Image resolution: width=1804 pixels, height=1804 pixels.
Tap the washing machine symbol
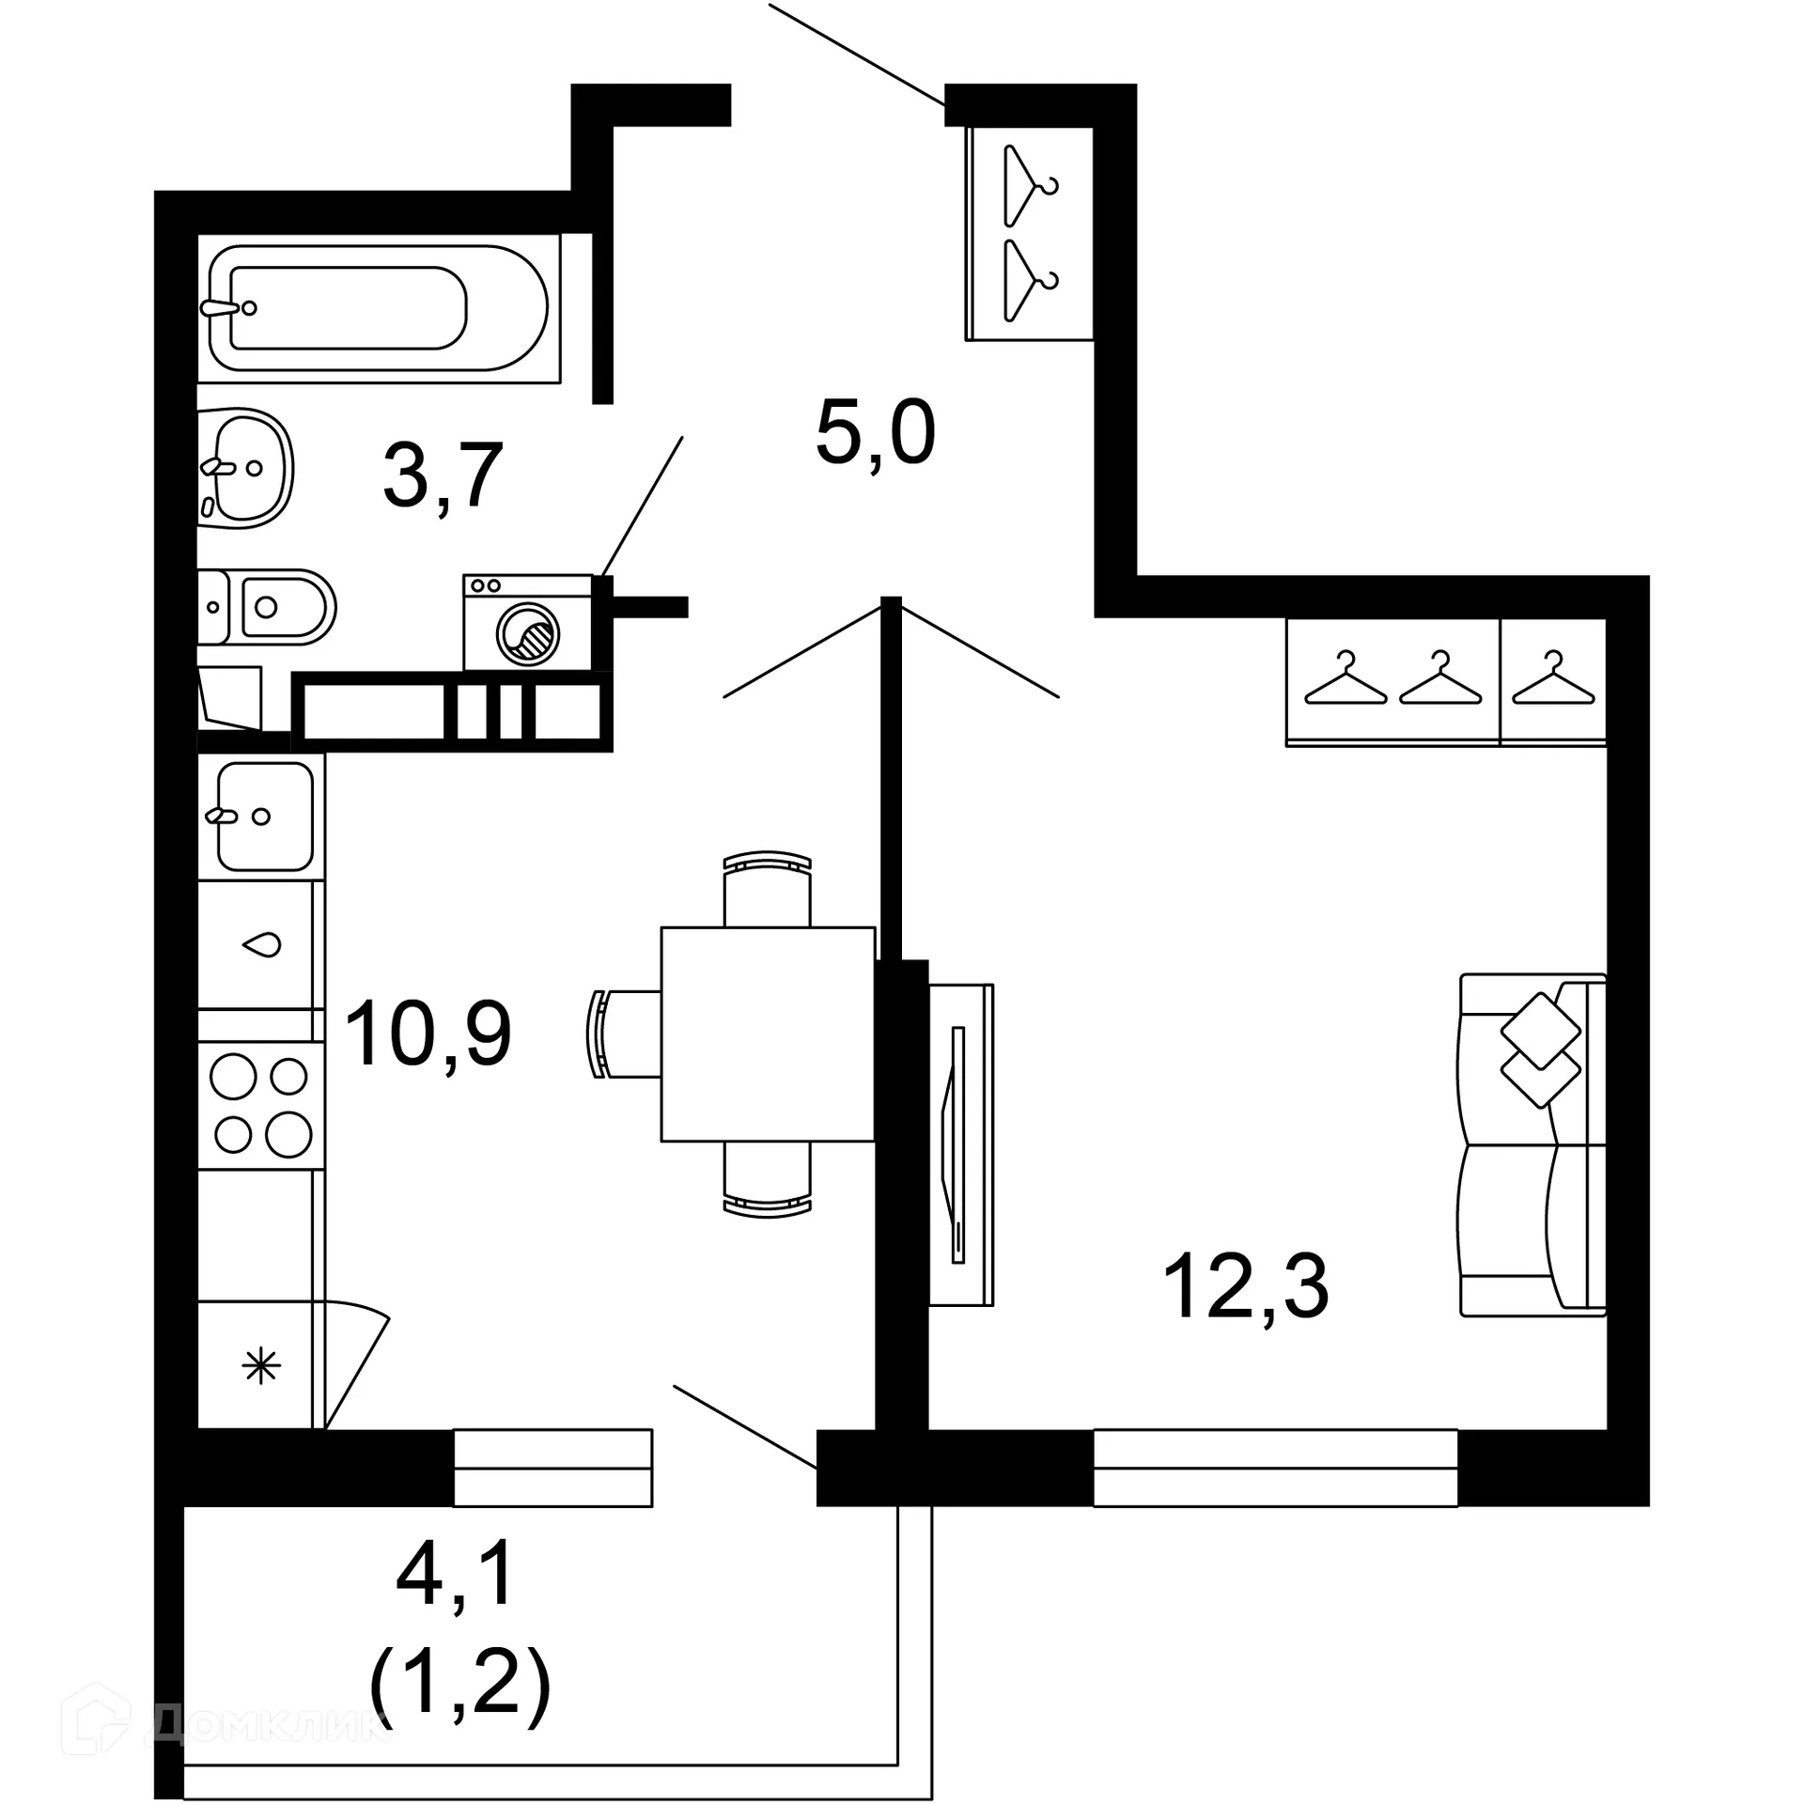[x=527, y=624]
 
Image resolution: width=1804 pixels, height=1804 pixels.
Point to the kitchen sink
[x=262, y=816]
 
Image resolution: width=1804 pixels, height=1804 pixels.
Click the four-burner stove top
[x=261, y=1104]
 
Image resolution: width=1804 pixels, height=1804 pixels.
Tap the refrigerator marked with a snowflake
[x=260, y=1365]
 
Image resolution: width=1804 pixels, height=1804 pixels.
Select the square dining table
[x=768, y=1034]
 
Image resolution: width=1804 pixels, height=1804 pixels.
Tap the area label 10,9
[x=428, y=1034]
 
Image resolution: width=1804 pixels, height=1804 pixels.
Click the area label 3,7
[x=443, y=476]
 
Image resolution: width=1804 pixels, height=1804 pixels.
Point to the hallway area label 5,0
[x=875, y=433]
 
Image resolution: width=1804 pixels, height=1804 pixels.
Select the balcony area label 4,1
[x=457, y=1574]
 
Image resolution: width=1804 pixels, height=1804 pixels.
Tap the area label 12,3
[x=1245, y=1286]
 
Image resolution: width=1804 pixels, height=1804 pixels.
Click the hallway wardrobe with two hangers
[x=1031, y=233]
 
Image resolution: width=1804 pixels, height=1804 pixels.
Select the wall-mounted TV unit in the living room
[x=960, y=1144]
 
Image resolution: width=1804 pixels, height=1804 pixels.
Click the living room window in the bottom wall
[x=1275, y=1467]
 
